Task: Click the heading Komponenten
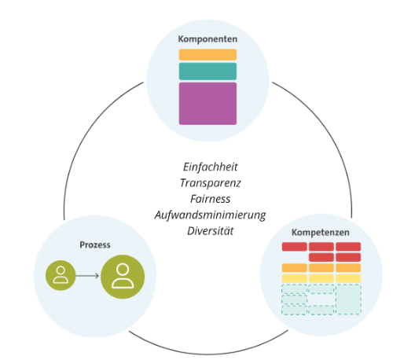[207, 39]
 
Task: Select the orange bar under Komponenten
[207, 55]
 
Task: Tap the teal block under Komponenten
[207, 72]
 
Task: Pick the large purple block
[207, 104]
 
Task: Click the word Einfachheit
[211, 167]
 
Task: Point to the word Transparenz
[211, 183]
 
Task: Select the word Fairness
[211, 199]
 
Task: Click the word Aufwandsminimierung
[211, 215]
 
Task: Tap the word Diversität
[211, 231]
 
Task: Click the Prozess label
[95, 245]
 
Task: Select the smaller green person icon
[61, 276]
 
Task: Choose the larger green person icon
[123, 277]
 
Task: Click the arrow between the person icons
[87, 276]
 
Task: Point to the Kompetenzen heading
[321, 233]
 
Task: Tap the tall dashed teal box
[348, 299]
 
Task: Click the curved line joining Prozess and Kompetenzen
[208, 354]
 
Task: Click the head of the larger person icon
[123, 269]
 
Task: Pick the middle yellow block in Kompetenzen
[321, 278]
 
